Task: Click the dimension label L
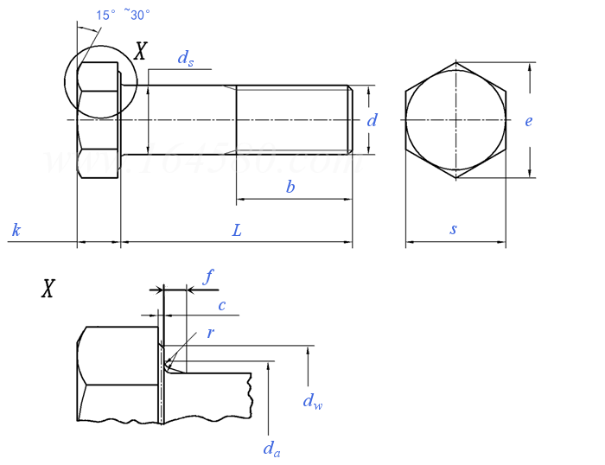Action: (x=236, y=230)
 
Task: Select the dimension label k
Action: (x=16, y=230)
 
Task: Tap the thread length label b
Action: (x=290, y=187)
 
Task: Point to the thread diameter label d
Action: (x=372, y=120)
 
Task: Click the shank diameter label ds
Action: (x=186, y=58)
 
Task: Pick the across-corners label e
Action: (x=528, y=120)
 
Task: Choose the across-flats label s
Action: (x=454, y=230)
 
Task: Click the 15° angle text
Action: (x=105, y=15)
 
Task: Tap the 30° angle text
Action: (x=139, y=15)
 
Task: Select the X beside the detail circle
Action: (x=140, y=52)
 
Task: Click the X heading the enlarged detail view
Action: (x=48, y=289)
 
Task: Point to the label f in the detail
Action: (x=208, y=277)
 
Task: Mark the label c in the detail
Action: (x=221, y=305)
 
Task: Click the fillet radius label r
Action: (x=210, y=333)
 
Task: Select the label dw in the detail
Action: (x=312, y=400)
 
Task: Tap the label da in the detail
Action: (x=271, y=448)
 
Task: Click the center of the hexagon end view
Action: (x=455, y=120)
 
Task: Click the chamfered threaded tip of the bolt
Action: (x=350, y=120)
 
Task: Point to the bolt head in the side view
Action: (x=99, y=120)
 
